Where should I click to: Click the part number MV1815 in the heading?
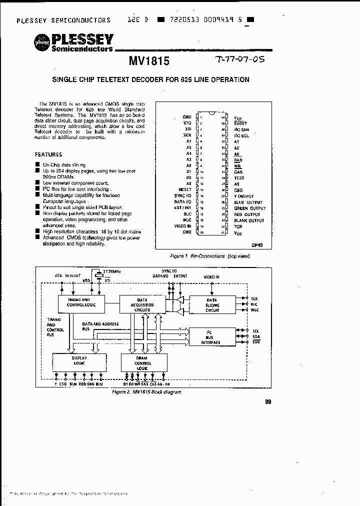149,61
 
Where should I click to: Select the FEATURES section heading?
48,154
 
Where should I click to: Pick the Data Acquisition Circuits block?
142,305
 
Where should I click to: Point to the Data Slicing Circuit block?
212,304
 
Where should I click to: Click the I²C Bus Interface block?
212,336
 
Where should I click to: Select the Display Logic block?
79,360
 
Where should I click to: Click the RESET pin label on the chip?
184,189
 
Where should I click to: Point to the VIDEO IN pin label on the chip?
182,226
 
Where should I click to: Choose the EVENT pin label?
240,123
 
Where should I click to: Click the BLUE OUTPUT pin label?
248,202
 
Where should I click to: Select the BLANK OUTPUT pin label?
249,220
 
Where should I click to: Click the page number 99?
267,401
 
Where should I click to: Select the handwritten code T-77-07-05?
238,59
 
